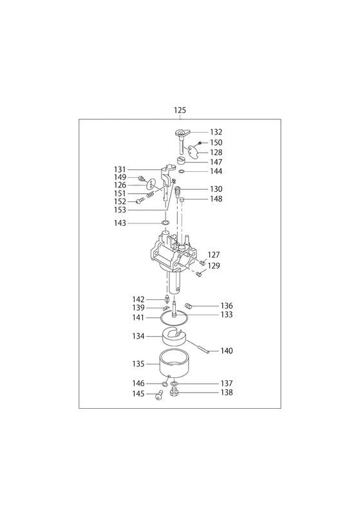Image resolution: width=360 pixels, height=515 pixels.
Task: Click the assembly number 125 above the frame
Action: (180, 110)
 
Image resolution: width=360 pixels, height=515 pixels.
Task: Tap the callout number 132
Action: (216, 132)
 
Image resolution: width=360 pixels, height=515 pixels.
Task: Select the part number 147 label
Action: (216, 162)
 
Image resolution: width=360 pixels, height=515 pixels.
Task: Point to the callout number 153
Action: (120, 211)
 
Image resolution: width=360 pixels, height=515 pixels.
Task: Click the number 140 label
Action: (226, 351)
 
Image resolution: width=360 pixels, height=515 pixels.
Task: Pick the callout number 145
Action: (138, 393)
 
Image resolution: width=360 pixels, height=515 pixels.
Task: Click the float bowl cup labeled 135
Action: (173, 364)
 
